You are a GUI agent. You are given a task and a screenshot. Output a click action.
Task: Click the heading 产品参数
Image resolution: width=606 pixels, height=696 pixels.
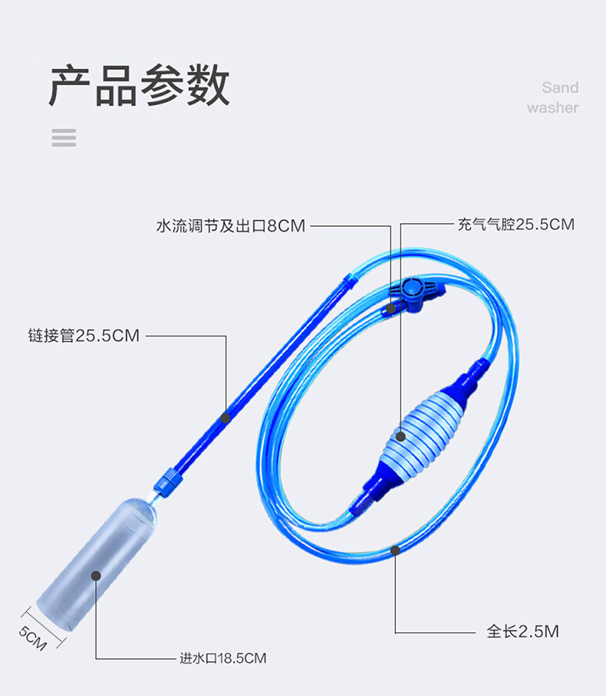139,85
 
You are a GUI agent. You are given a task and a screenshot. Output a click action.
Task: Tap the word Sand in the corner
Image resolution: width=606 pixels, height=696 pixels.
560,87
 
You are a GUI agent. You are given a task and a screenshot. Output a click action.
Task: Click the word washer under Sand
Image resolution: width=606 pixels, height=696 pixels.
552,107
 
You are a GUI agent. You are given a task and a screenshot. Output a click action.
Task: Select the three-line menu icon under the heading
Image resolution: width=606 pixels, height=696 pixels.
64,138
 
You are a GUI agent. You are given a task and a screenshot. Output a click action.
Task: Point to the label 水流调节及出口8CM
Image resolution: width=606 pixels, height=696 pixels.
231,226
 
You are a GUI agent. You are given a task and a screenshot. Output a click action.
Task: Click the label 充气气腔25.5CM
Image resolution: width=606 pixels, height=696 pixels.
515,224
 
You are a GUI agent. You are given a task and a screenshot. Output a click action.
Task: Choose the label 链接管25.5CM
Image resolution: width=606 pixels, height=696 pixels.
84,336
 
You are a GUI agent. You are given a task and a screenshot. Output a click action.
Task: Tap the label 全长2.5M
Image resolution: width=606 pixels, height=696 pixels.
522,631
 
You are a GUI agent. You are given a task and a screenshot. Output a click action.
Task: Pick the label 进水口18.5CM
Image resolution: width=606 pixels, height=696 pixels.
222,658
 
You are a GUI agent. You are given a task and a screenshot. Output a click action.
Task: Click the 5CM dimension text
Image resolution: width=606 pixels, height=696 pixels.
32,639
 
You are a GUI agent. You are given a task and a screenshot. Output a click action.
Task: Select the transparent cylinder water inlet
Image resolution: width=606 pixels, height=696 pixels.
97,564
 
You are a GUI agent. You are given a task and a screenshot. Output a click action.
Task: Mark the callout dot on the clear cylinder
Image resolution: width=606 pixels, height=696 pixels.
96,576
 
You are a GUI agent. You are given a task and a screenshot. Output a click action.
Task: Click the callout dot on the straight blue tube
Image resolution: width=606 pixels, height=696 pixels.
226,418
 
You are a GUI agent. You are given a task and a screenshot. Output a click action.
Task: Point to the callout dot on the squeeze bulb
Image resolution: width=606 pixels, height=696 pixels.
400,437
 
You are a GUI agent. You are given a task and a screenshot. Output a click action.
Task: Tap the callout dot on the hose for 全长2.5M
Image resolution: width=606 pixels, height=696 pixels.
395,550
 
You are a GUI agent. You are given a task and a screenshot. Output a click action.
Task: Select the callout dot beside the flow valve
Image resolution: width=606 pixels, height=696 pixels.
391,308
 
